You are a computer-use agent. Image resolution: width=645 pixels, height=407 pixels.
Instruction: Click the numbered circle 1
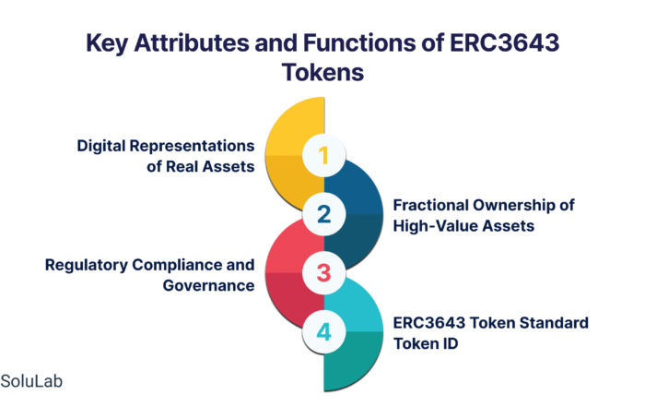[x=323, y=155]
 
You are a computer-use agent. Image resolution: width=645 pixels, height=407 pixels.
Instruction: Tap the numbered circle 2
[x=323, y=214]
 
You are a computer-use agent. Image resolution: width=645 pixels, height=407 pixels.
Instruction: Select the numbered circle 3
[x=323, y=272]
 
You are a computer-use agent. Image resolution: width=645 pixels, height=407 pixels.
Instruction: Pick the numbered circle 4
[x=323, y=331]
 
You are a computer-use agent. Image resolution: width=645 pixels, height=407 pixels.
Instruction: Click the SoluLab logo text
[x=31, y=381]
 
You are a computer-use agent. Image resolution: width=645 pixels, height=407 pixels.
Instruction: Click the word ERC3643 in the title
[x=504, y=42]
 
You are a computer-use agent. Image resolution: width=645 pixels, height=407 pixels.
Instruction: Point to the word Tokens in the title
[x=322, y=72]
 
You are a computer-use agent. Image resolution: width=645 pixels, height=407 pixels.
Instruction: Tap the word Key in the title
[x=107, y=43]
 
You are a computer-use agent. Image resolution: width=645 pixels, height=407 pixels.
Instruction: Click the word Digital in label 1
[x=100, y=146]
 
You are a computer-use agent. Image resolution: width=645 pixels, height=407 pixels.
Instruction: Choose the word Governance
[x=208, y=285]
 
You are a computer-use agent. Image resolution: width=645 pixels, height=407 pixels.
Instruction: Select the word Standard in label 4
[x=554, y=323]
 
